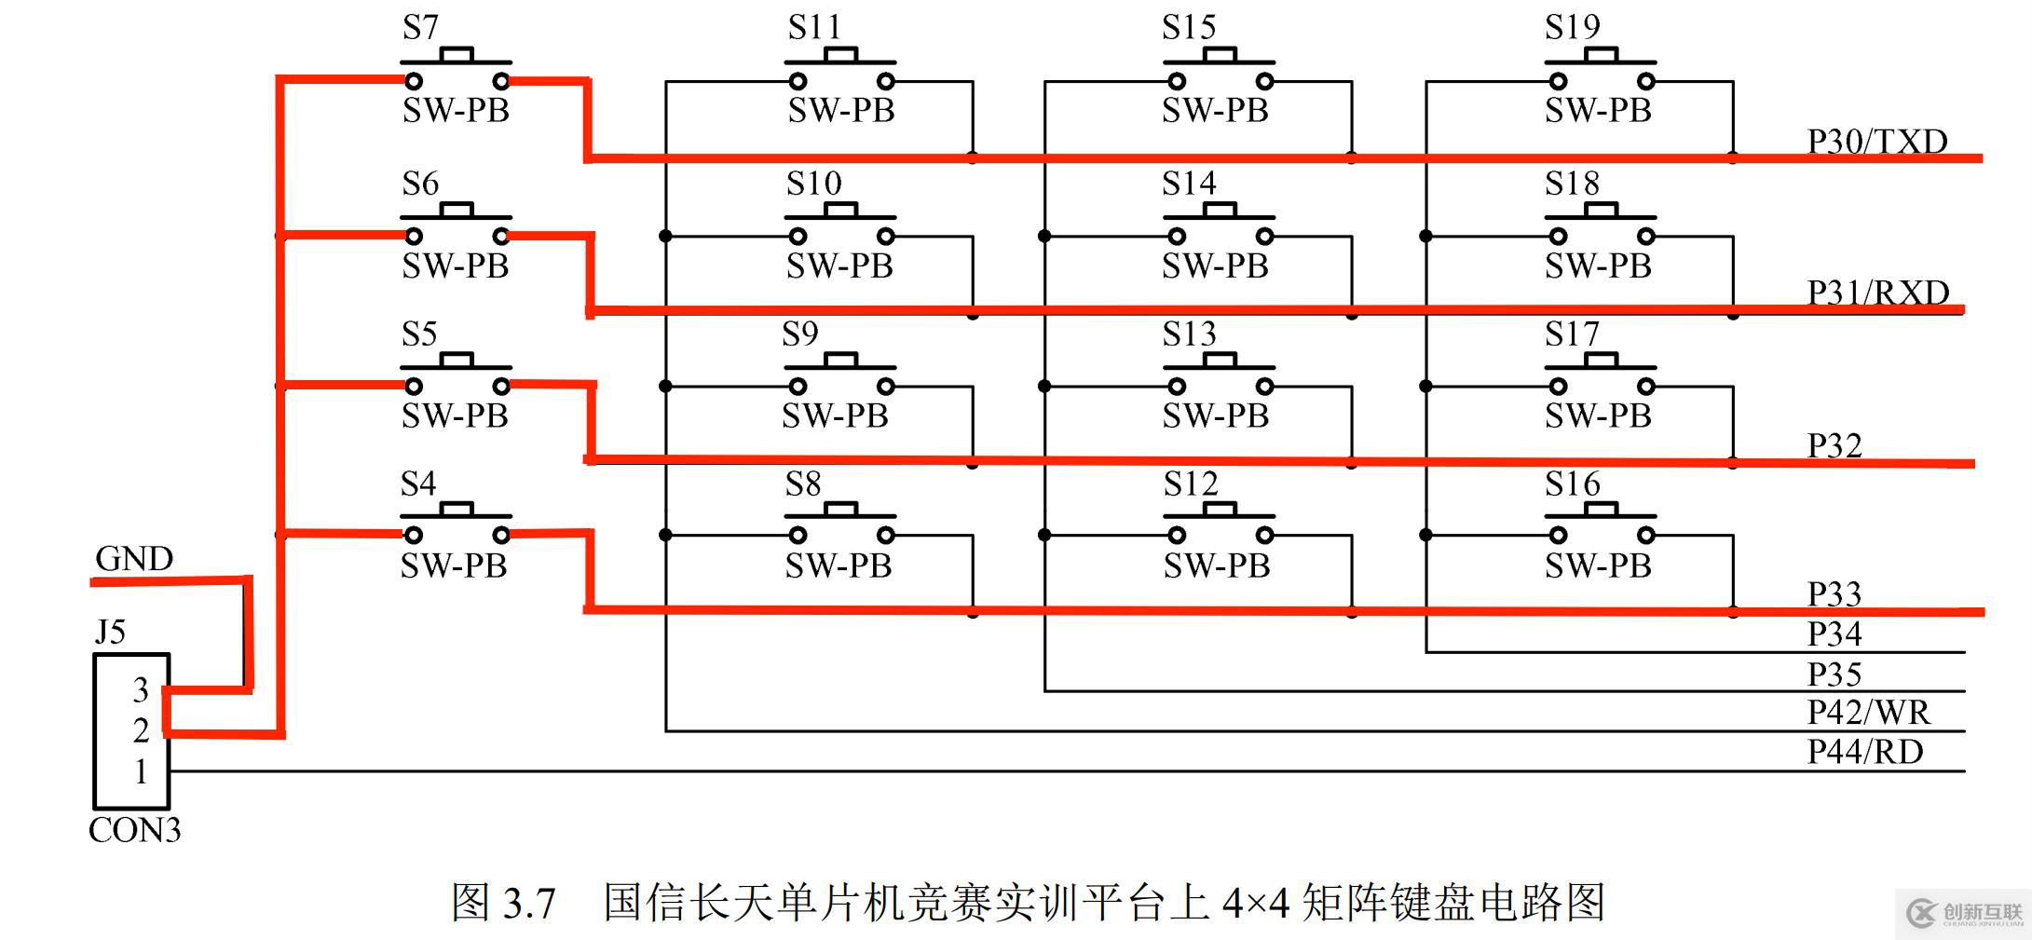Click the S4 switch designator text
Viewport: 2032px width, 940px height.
tap(418, 484)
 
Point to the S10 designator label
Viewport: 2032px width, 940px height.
tap(813, 184)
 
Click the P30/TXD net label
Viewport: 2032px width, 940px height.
tap(1876, 142)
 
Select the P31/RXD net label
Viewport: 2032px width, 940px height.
tap(1877, 293)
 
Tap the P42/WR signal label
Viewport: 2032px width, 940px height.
tap(1868, 713)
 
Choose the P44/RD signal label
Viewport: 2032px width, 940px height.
tap(1864, 752)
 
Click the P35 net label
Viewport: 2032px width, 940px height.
tap(1834, 674)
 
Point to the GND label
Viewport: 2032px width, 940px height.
tap(134, 559)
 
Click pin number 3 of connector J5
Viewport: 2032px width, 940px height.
tap(141, 690)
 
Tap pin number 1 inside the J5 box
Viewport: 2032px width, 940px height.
tap(141, 772)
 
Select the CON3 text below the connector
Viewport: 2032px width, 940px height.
tap(134, 830)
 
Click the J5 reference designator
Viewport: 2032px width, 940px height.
tap(110, 633)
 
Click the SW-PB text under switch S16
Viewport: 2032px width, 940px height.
tap(1598, 566)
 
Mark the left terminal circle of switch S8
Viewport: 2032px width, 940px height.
tap(798, 535)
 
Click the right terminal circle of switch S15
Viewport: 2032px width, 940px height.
tap(1264, 81)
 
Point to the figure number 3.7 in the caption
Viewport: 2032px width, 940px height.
tap(529, 903)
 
